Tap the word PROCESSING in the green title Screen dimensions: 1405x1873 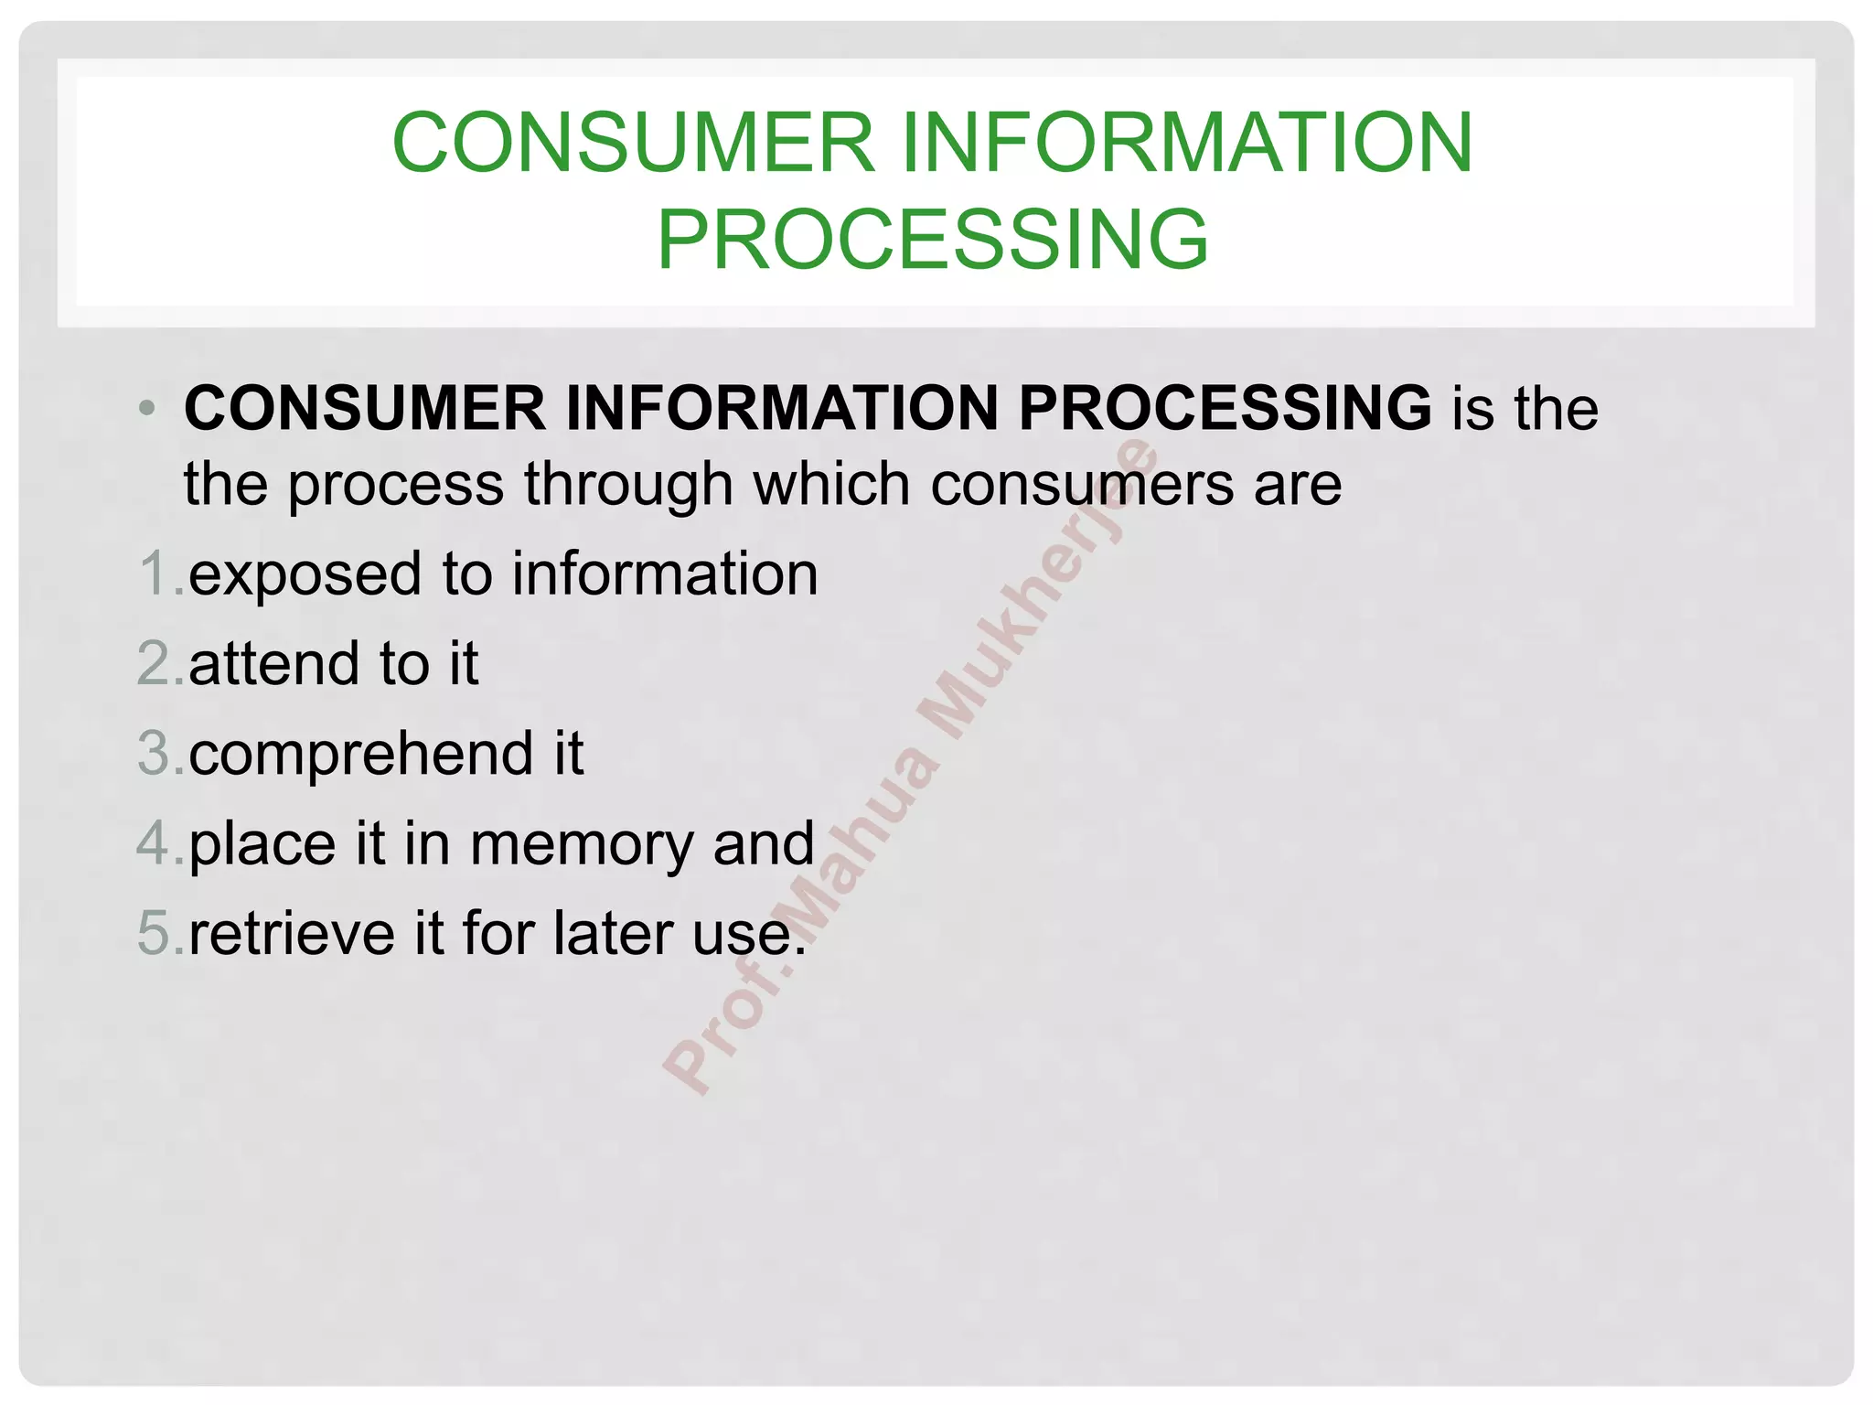click(933, 239)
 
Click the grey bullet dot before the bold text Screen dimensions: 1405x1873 click(147, 408)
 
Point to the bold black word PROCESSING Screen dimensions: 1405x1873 click(1225, 408)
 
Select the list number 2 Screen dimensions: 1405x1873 click(155, 664)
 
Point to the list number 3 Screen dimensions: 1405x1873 click(155, 754)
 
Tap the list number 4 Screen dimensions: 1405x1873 click(155, 843)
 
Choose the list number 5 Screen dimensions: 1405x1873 click(155, 933)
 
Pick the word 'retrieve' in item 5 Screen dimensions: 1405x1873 click(292, 933)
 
